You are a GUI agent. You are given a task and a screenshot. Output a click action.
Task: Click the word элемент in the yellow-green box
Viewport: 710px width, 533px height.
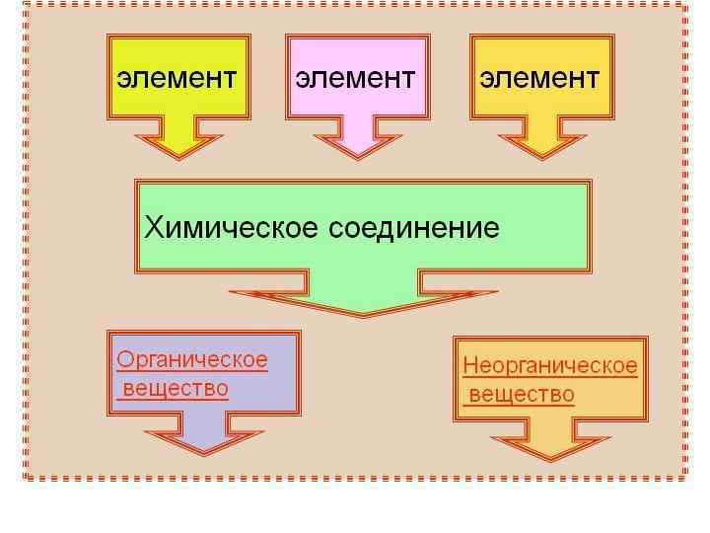tap(177, 78)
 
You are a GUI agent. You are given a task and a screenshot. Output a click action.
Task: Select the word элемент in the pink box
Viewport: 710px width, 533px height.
tap(356, 78)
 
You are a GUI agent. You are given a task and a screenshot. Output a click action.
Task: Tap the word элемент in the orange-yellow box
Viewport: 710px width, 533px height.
tap(539, 78)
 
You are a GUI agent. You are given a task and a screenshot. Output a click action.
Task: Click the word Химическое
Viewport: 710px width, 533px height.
tap(232, 228)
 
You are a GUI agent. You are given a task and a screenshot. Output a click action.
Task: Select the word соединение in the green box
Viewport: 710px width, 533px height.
tap(414, 228)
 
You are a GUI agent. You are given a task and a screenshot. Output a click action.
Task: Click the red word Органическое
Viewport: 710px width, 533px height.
tap(192, 359)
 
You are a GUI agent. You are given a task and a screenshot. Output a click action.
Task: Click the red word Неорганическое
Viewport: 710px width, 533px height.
tap(550, 366)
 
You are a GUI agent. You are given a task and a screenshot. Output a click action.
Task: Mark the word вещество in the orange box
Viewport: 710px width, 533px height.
tap(521, 395)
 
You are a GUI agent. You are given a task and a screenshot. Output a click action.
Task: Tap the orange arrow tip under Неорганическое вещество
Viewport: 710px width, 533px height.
tap(550, 456)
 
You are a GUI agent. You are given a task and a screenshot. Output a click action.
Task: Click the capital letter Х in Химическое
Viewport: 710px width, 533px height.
tap(154, 228)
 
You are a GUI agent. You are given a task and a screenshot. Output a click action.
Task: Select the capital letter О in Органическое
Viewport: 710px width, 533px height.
tap(124, 359)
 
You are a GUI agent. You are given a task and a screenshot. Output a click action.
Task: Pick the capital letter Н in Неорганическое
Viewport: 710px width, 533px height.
tap(470, 366)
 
